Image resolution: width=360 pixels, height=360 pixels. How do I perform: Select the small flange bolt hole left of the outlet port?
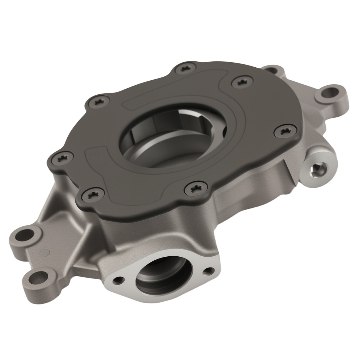[x=118, y=279]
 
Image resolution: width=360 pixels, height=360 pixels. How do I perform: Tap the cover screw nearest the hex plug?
[x=285, y=131]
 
